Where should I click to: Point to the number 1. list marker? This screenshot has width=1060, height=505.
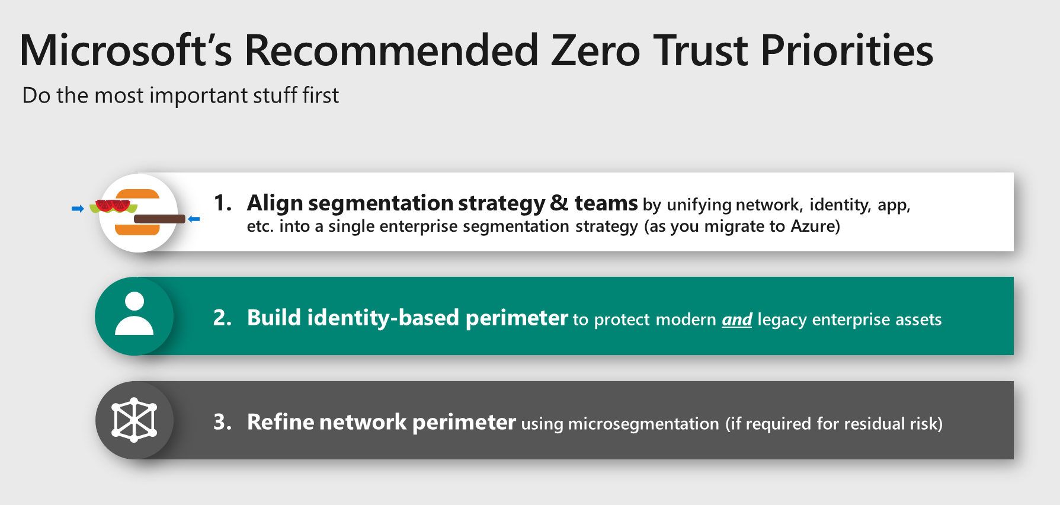pyautogui.click(x=223, y=203)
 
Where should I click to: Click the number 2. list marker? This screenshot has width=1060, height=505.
pyautogui.click(x=223, y=318)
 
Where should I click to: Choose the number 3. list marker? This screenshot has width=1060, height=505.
pyautogui.click(x=223, y=422)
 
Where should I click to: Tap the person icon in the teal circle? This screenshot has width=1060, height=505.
pyautogui.click(x=134, y=314)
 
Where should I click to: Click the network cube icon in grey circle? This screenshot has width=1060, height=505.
pyautogui.click(x=134, y=420)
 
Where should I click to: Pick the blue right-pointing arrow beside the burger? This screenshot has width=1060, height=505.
pyautogui.click(x=78, y=209)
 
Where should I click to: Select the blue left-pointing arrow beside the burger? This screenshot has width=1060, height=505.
pyautogui.click(x=194, y=219)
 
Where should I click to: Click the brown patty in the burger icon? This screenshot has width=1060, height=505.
pyautogui.click(x=159, y=219)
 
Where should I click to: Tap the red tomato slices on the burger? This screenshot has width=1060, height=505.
pyautogui.click(x=113, y=206)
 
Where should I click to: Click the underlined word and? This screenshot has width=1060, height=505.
pyautogui.click(x=737, y=319)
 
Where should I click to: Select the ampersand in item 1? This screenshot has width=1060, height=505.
pyautogui.click(x=559, y=203)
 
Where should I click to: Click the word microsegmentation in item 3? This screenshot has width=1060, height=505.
pyautogui.click(x=643, y=424)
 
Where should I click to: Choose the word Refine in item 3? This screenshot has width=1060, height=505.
pyautogui.click(x=280, y=422)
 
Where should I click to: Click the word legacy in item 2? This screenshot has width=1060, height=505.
pyautogui.click(x=782, y=320)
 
